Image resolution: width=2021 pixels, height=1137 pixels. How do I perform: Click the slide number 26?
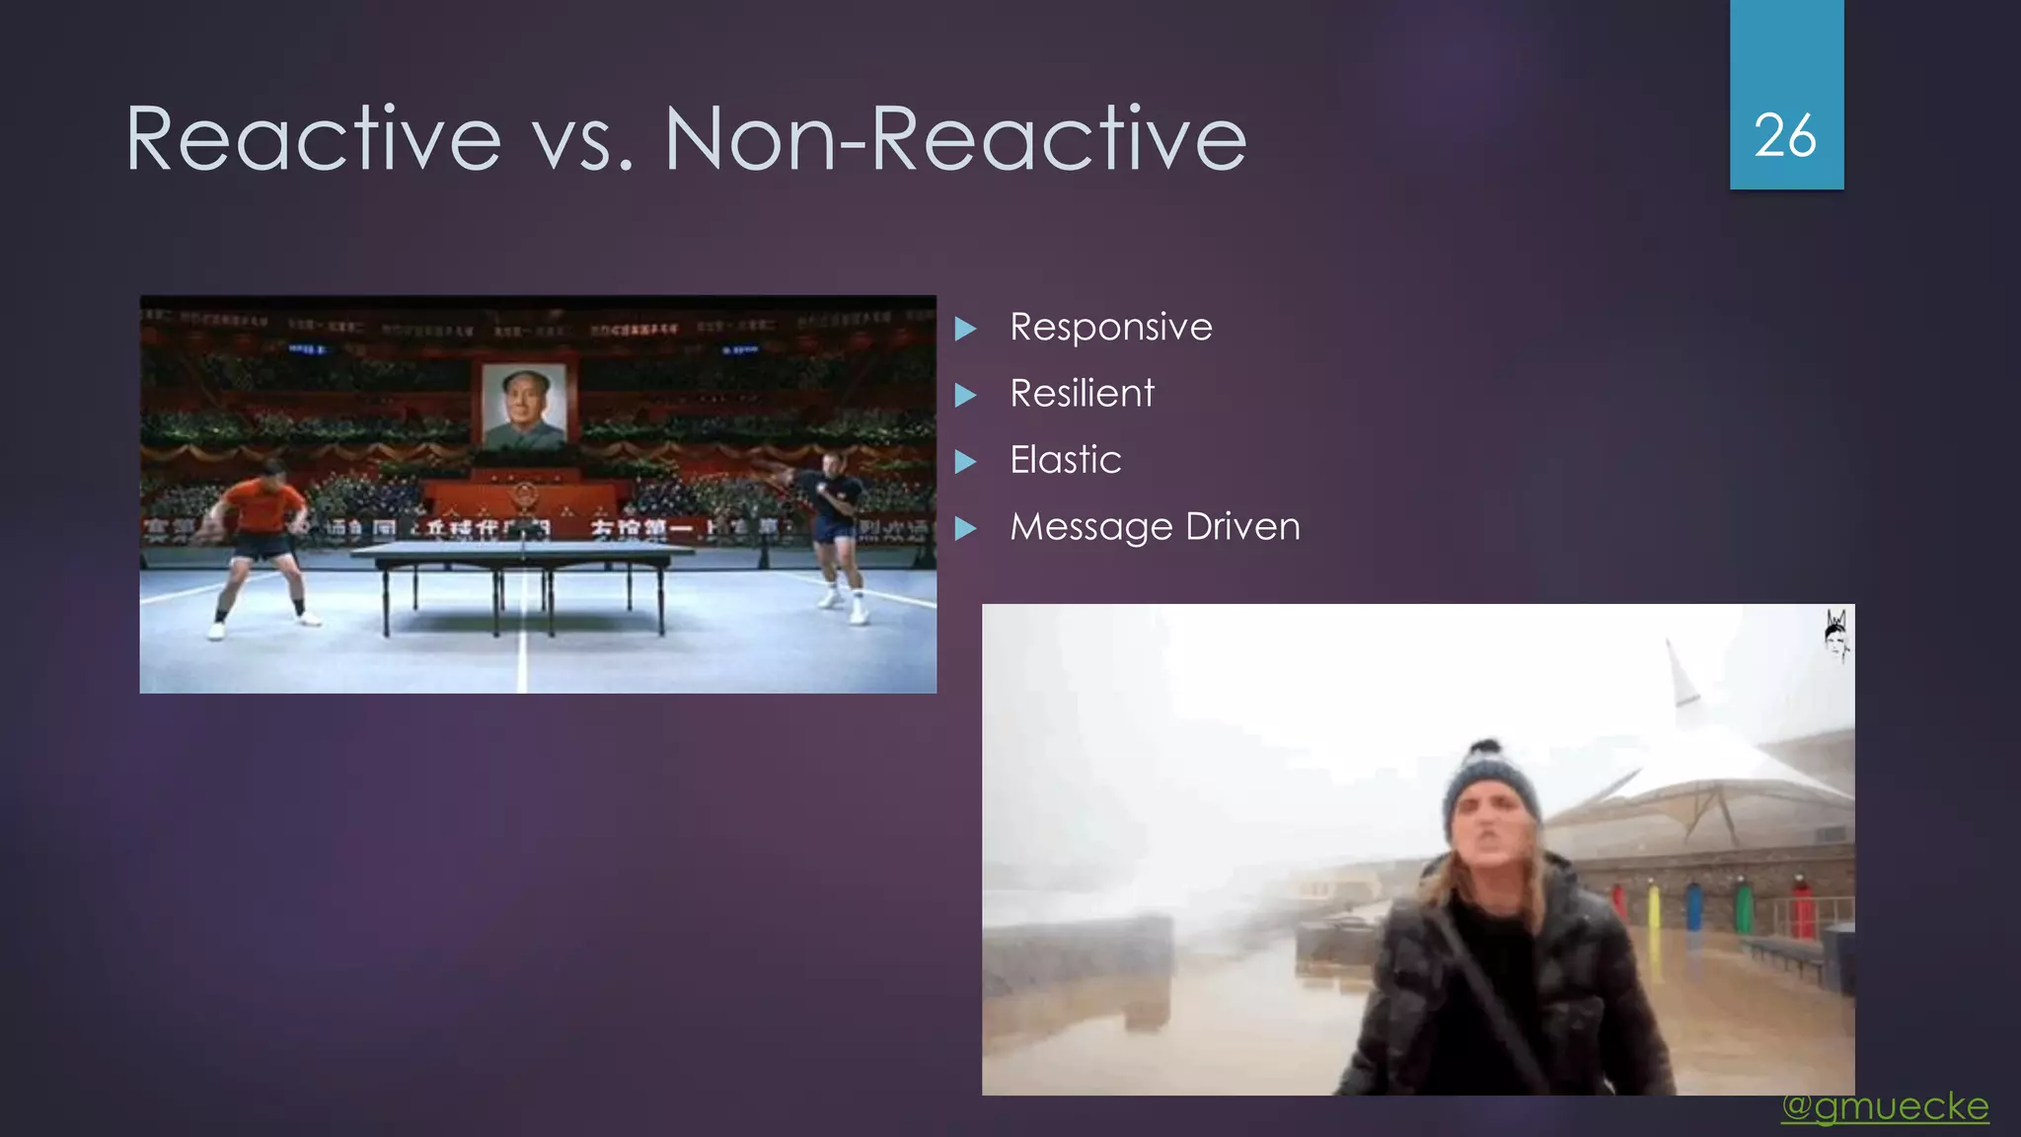pos(1785,135)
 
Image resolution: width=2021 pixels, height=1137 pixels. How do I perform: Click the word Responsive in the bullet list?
pos(1110,327)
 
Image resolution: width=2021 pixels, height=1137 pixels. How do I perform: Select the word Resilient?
pos(1082,394)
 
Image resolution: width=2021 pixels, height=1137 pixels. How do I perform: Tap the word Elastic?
pos(1065,460)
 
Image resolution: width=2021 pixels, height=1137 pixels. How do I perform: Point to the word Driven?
pos(1242,526)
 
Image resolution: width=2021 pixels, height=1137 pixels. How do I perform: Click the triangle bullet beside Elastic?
pos(965,461)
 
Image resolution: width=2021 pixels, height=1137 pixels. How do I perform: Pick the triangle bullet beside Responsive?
pos(965,328)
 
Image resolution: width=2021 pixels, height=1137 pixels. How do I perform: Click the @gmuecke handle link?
pos(1885,1106)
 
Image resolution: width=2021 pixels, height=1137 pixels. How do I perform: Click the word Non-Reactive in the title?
pos(955,138)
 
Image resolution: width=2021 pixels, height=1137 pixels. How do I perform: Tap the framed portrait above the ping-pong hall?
pos(524,406)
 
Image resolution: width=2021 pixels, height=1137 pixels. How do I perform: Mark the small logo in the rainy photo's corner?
pos(1835,634)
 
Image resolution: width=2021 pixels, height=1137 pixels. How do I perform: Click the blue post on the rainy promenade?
pos(1693,903)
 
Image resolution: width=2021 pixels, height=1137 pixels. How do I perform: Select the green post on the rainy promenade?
pos(1744,906)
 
